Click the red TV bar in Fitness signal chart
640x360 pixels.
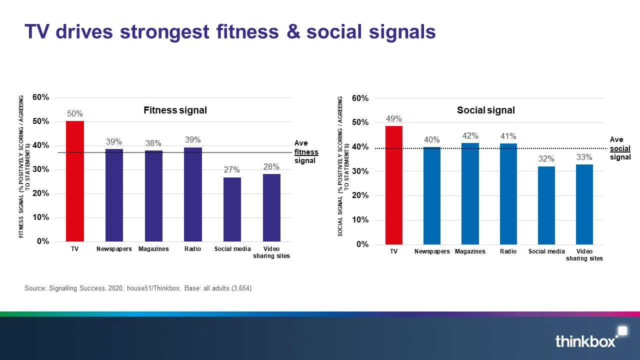pyautogui.click(x=75, y=181)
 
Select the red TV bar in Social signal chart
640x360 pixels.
pyautogui.click(x=393, y=185)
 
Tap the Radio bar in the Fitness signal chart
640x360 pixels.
pyautogui.click(x=193, y=194)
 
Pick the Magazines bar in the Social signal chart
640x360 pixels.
pyautogui.click(x=470, y=193)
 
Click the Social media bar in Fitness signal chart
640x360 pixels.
pyautogui.click(x=232, y=209)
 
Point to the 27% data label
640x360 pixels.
pyautogui.click(x=232, y=169)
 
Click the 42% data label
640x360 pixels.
pyautogui.click(x=470, y=135)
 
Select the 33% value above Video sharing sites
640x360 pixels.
pyautogui.click(x=584, y=157)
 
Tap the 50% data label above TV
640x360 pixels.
pyautogui.click(x=75, y=113)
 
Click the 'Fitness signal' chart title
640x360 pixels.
pyautogui.click(x=175, y=110)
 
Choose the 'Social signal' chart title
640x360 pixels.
pyautogui.click(x=485, y=110)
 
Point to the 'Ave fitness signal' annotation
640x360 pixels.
pyautogui.click(x=306, y=152)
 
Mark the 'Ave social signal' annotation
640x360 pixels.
pyautogui.click(x=620, y=148)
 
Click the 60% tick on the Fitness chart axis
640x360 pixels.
pyautogui.click(x=41, y=97)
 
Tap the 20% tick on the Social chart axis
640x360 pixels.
pyautogui.click(x=360, y=195)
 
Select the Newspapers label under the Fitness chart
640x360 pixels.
pyautogui.click(x=114, y=249)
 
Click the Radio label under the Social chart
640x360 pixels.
pyautogui.click(x=508, y=251)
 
